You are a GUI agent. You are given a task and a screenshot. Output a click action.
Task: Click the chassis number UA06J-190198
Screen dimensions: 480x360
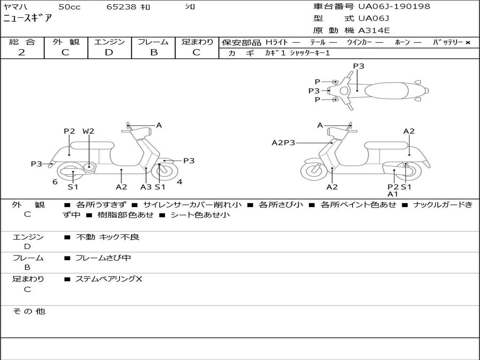[x=394, y=7]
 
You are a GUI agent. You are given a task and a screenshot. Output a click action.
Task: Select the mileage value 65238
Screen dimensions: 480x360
[x=121, y=7]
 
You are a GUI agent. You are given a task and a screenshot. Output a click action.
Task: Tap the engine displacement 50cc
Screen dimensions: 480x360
[x=68, y=7]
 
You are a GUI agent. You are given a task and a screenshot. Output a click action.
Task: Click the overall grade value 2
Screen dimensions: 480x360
[x=22, y=52]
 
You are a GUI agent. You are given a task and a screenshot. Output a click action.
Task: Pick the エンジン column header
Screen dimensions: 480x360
[x=110, y=42]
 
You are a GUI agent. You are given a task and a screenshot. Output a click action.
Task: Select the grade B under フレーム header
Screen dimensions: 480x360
[x=153, y=52]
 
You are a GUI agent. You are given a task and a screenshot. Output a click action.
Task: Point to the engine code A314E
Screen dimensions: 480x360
[x=374, y=30]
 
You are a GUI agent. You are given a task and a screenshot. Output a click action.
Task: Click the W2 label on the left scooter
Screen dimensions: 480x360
[x=88, y=131]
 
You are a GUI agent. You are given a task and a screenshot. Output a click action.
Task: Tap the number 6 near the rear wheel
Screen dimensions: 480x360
[x=55, y=182]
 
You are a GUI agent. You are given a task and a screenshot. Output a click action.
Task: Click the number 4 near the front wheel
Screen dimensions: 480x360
[x=180, y=182]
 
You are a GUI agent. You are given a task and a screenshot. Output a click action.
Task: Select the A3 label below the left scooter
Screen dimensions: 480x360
[x=146, y=187]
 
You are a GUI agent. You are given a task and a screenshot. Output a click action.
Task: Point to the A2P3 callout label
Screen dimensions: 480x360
[x=283, y=142]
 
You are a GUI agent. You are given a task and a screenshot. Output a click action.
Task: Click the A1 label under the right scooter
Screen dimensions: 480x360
[x=392, y=194]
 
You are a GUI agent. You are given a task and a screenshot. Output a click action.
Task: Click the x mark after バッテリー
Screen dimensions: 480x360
[x=467, y=43]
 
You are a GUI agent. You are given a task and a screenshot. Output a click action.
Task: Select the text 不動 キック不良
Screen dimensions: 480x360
[x=107, y=237]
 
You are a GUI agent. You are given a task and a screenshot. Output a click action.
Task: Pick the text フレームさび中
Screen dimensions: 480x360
[x=103, y=258]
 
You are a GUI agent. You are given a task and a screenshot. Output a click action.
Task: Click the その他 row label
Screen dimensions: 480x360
[x=29, y=311]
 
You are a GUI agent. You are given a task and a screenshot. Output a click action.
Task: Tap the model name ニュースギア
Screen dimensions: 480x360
[x=28, y=19]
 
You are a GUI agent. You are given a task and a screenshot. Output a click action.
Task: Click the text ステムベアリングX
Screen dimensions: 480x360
[x=109, y=279]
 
